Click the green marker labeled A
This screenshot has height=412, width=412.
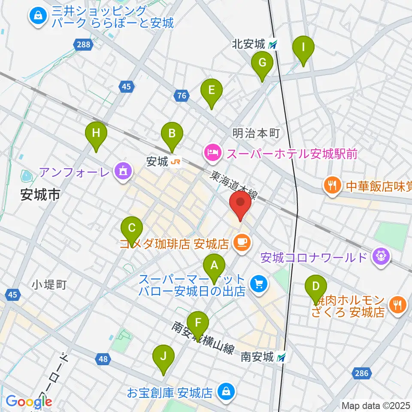tap(214, 267)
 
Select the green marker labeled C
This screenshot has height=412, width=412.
tap(132, 230)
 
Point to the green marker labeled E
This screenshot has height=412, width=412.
tap(212, 92)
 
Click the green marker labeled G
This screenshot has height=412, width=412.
tap(262, 64)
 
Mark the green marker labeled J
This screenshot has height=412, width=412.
tap(163, 358)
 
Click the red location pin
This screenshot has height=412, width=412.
tap(241, 204)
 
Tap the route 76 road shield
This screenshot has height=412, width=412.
tap(182, 95)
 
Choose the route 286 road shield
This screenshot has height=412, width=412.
tap(362, 373)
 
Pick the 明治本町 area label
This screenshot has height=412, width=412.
tap(256, 133)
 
